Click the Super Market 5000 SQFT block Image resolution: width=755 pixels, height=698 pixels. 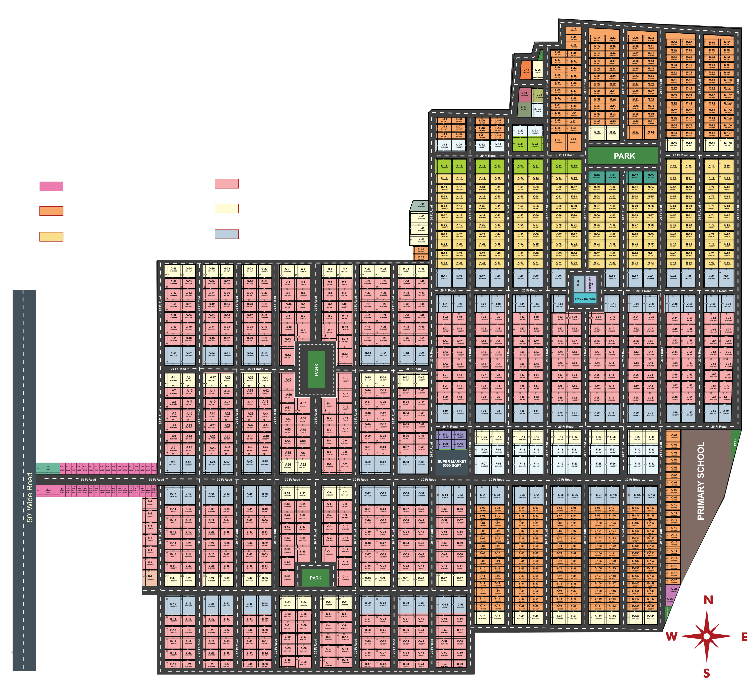(x=452, y=464)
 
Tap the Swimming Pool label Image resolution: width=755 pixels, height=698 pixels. (x=585, y=299)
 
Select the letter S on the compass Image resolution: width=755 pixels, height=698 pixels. (x=706, y=673)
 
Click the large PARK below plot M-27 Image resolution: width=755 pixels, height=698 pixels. (x=624, y=156)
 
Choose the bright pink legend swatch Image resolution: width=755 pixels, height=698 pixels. (x=51, y=186)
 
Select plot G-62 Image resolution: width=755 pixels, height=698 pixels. (x=173, y=354)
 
